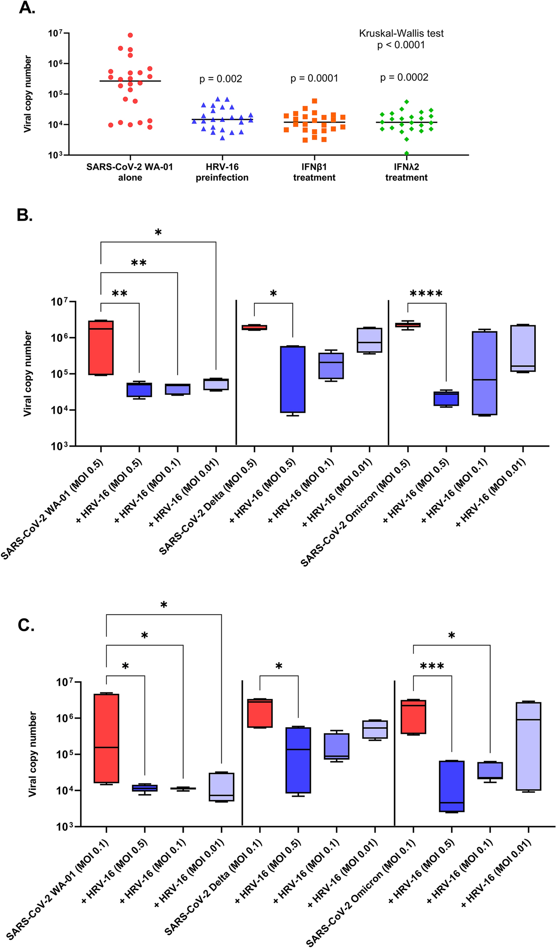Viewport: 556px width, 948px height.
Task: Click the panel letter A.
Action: [27, 8]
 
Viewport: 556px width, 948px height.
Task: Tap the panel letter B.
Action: [25, 216]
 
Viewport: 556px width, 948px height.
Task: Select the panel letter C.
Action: [26, 625]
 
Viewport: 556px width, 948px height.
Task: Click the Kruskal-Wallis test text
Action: [401, 34]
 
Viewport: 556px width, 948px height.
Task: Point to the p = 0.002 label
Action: [221, 79]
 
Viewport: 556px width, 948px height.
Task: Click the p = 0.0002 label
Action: [404, 77]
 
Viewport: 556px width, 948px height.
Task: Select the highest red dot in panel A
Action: [130, 35]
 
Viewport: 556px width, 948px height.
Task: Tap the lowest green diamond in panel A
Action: [407, 153]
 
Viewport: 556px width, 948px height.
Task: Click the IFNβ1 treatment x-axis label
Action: [314, 172]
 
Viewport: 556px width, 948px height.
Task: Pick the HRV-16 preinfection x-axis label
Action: [222, 172]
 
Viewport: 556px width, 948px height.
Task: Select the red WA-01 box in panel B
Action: [101, 348]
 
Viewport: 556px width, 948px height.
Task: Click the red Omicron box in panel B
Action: [408, 325]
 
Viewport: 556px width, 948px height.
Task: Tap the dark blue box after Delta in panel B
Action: [293, 379]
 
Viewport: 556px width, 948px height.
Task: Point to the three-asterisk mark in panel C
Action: [432, 667]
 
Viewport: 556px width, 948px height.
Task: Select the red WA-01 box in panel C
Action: [106, 738]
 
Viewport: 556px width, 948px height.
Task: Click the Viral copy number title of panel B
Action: [27, 373]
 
